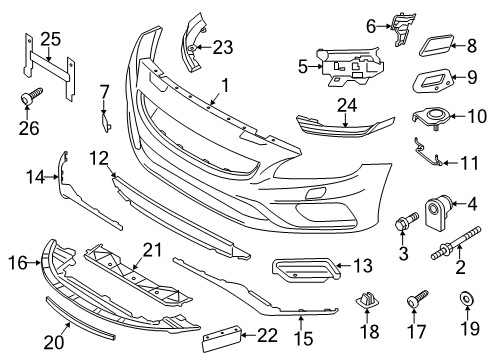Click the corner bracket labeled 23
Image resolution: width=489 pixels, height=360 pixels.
coord(191,41)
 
